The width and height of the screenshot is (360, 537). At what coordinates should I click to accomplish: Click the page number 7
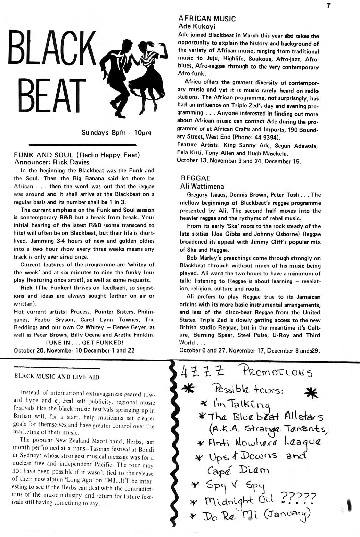click(328, 4)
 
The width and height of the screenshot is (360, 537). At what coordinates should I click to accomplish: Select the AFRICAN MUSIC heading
click(207, 19)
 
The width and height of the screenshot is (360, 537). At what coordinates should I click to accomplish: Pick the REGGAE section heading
click(195, 178)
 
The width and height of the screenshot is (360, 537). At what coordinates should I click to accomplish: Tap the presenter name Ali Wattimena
click(202, 187)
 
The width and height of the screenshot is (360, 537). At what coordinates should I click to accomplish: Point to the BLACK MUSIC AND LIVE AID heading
click(57, 377)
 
